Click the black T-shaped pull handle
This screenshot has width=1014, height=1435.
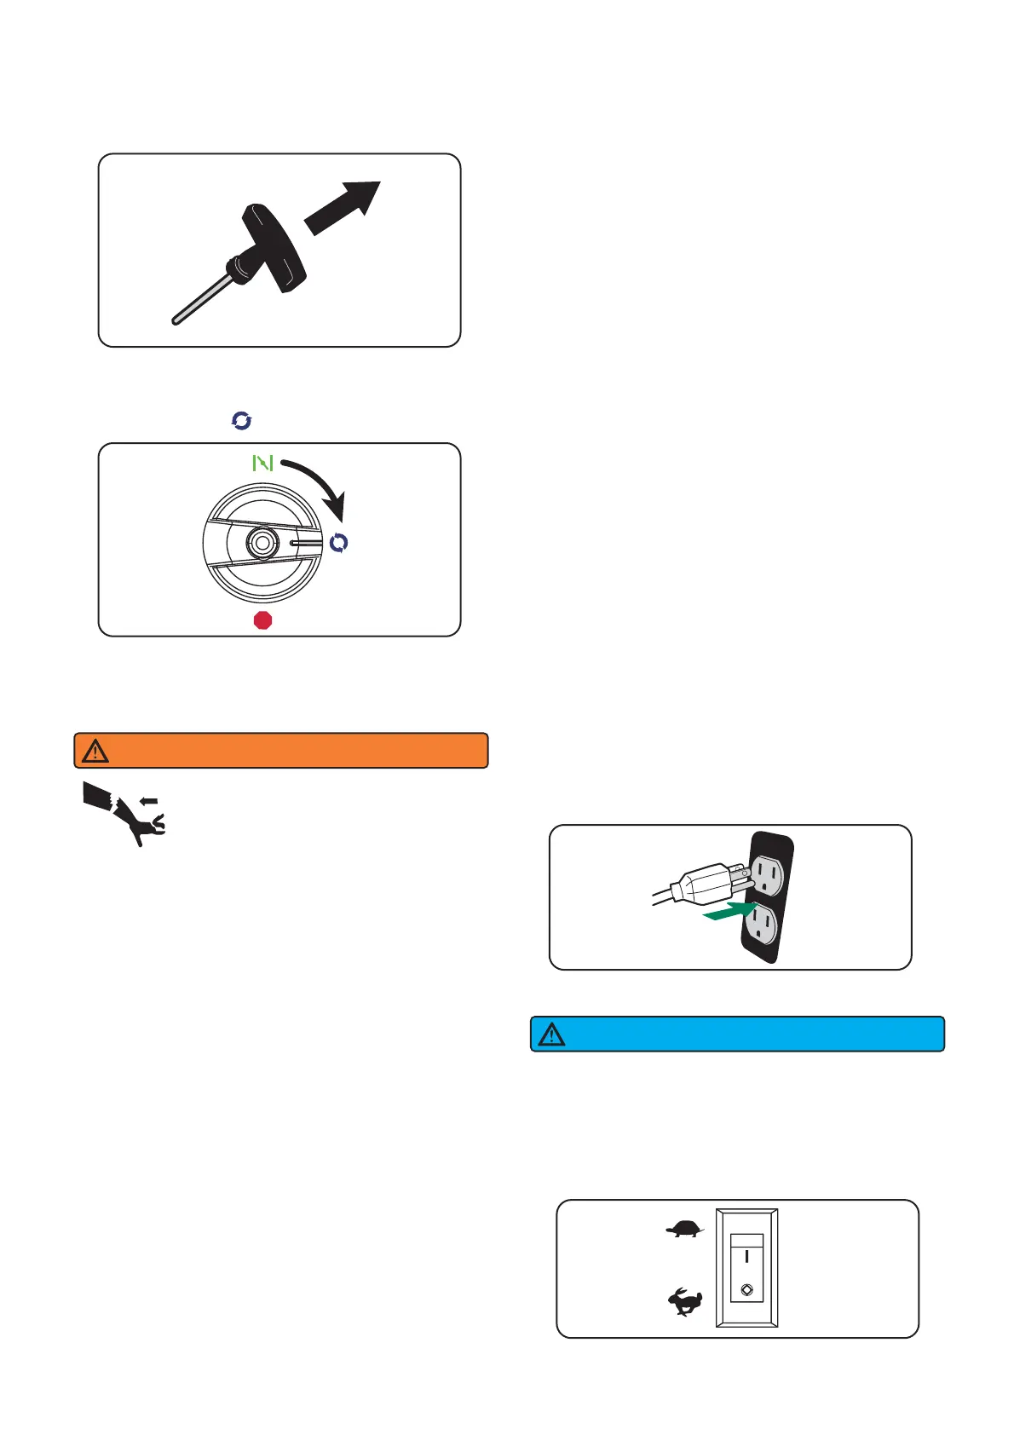coord(274,247)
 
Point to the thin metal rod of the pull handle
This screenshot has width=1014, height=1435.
coord(201,298)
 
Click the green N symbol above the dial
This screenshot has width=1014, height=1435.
coord(262,463)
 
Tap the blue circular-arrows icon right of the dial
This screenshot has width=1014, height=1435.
coord(339,543)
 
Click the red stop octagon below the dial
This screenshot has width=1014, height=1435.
coord(263,620)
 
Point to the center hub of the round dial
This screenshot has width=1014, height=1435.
coord(261,541)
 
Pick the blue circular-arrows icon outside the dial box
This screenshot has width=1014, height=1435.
coord(242,420)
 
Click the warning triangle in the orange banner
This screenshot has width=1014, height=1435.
coord(95,751)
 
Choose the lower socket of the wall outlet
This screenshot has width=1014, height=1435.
coord(762,925)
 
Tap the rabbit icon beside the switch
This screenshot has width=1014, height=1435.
coord(684,1302)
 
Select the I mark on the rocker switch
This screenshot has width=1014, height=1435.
coord(746,1255)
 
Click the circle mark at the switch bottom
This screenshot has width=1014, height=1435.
coord(746,1290)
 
